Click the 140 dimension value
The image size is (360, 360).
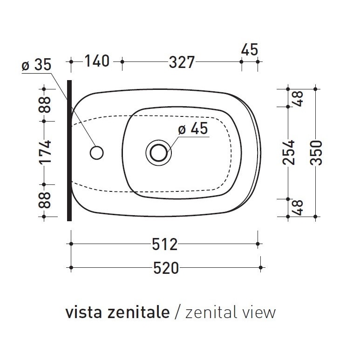coord(96,61)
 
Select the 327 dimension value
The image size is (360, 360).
coord(181,62)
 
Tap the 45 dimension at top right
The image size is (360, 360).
coord(250,49)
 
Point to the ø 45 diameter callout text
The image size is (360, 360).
coord(193,129)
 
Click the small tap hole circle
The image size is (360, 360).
coord(96,152)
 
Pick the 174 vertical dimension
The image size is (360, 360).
coord(45,152)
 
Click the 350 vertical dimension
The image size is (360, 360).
coord(317,152)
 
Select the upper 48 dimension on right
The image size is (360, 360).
coord(299,97)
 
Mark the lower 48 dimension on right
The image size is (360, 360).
coord(299,207)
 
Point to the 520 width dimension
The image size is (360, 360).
coord(166,268)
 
